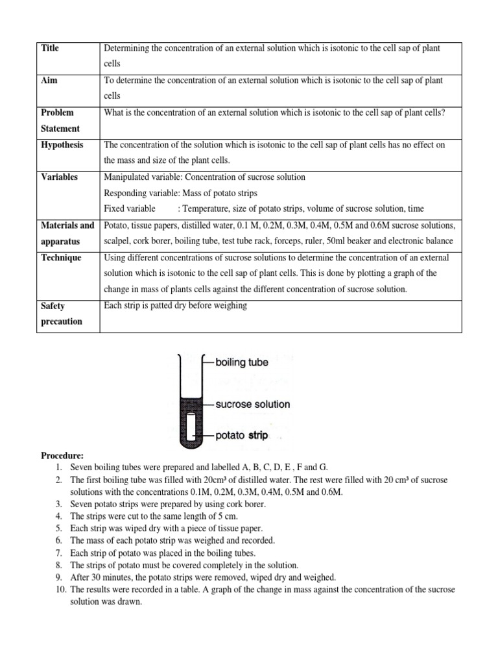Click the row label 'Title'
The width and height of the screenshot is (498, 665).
50,48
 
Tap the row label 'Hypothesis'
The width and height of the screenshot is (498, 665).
62,145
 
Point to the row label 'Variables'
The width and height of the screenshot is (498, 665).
59,177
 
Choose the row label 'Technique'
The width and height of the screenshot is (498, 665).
61,257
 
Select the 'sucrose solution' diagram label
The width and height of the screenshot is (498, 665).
252,404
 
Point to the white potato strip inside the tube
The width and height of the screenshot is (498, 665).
192,426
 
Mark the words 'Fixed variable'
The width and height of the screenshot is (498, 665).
130,208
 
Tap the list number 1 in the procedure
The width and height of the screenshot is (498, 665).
58,468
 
